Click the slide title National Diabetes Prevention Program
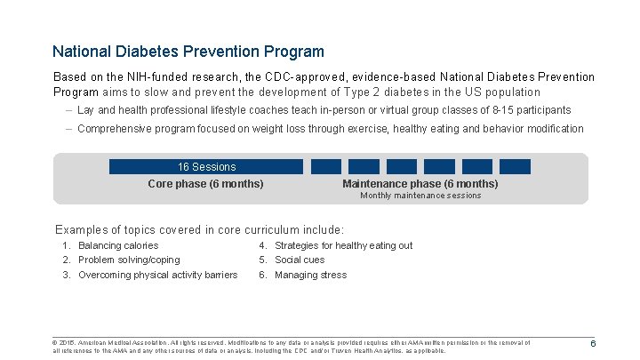click(188, 52)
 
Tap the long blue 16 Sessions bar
click(206, 166)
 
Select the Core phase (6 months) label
click(205, 184)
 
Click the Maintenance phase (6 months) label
click(420, 184)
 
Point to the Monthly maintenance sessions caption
click(420, 196)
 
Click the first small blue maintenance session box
click(326, 166)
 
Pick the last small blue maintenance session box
click(515, 166)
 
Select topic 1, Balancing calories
click(117, 245)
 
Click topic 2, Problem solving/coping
click(128, 260)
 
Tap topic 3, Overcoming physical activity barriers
click(157, 275)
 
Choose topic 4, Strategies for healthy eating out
click(343, 245)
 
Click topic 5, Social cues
click(300, 260)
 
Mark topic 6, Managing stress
click(310, 275)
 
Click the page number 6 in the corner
click(592, 345)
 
